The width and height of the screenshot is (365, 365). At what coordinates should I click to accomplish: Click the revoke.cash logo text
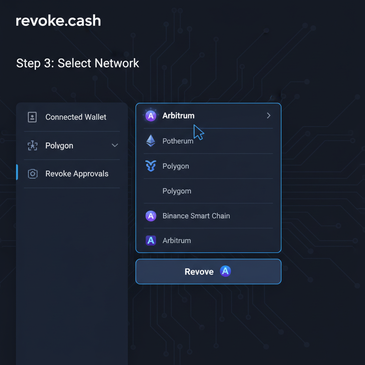pyautogui.click(x=58, y=21)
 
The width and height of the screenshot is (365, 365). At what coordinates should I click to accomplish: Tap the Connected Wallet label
pyautogui.click(x=76, y=117)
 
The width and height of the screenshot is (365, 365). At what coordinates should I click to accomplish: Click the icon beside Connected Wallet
pyautogui.click(x=32, y=117)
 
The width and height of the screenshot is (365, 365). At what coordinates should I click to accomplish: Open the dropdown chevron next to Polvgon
pyautogui.click(x=115, y=145)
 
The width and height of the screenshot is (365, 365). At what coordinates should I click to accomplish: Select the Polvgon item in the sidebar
pyautogui.click(x=59, y=146)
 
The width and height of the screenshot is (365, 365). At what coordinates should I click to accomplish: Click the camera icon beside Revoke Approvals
pyautogui.click(x=33, y=174)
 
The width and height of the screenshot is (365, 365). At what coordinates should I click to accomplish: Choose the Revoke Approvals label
pyautogui.click(x=77, y=174)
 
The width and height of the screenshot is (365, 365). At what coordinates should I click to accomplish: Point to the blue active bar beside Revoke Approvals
pyautogui.click(x=17, y=172)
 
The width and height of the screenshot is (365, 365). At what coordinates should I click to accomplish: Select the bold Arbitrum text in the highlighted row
pyautogui.click(x=178, y=116)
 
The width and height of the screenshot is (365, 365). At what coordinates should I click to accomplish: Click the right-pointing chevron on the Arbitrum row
pyautogui.click(x=269, y=115)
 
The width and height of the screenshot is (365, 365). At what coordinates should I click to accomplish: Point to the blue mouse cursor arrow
pyautogui.click(x=198, y=132)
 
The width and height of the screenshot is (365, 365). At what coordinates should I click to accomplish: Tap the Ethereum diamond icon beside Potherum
pyautogui.click(x=151, y=141)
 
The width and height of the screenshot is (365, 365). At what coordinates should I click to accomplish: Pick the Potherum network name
pyautogui.click(x=178, y=141)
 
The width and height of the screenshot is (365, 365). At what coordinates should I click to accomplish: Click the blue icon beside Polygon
pyautogui.click(x=151, y=166)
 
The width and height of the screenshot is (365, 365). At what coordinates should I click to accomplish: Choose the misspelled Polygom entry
pyautogui.click(x=177, y=191)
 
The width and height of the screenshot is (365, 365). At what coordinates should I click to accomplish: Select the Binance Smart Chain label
pyautogui.click(x=196, y=216)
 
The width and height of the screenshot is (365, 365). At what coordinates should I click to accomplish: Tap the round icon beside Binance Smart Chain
pyautogui.click(x=151, y=216)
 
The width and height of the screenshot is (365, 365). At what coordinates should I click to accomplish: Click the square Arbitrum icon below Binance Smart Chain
pyautogui.click(x=151, y=241)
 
